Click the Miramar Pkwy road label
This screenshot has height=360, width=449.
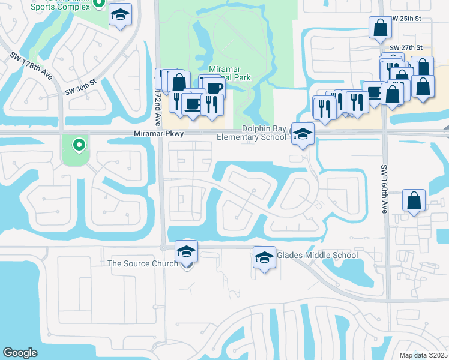158,136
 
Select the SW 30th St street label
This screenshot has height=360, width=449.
81,88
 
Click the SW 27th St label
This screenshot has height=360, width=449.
406,47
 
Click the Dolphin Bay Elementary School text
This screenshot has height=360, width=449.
264,133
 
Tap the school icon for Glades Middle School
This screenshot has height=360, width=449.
263,257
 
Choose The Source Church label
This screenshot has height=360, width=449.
142,263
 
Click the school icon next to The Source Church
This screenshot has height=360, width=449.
186,252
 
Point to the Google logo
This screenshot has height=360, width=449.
20,353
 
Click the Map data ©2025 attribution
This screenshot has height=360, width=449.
423,355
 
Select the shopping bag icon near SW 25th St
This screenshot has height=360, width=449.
381,27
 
